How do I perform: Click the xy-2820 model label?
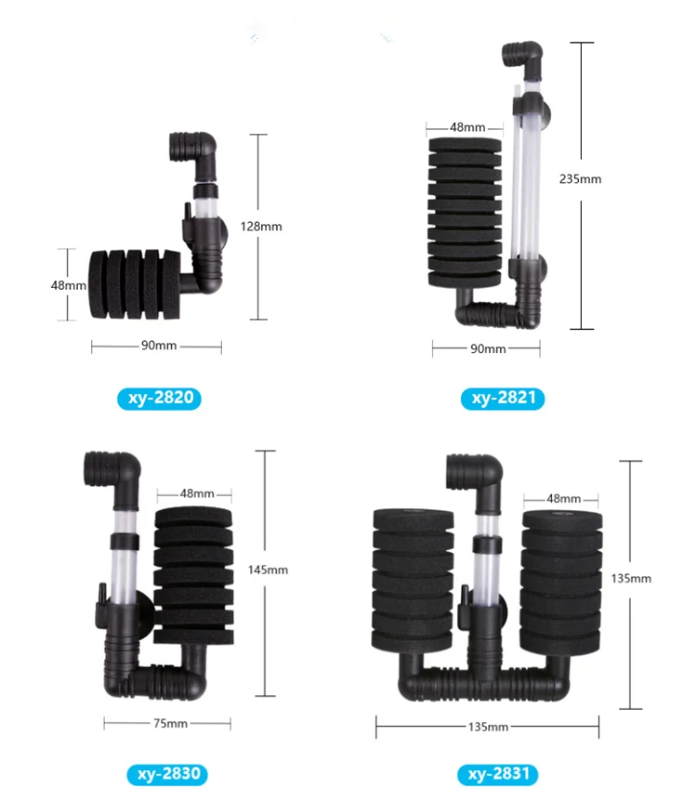tap(159, 400)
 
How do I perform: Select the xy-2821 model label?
tap(503, 400)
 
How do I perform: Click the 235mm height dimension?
tap(583, 179)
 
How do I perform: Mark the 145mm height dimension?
tap(270, 570)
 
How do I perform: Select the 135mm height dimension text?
tap(632, 578)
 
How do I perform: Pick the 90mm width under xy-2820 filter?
tap(158, 347)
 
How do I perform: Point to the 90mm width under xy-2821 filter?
tap(488, 348)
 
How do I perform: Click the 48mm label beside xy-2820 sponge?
tap(68, 285)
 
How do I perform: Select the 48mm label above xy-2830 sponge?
tap(196, 493)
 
